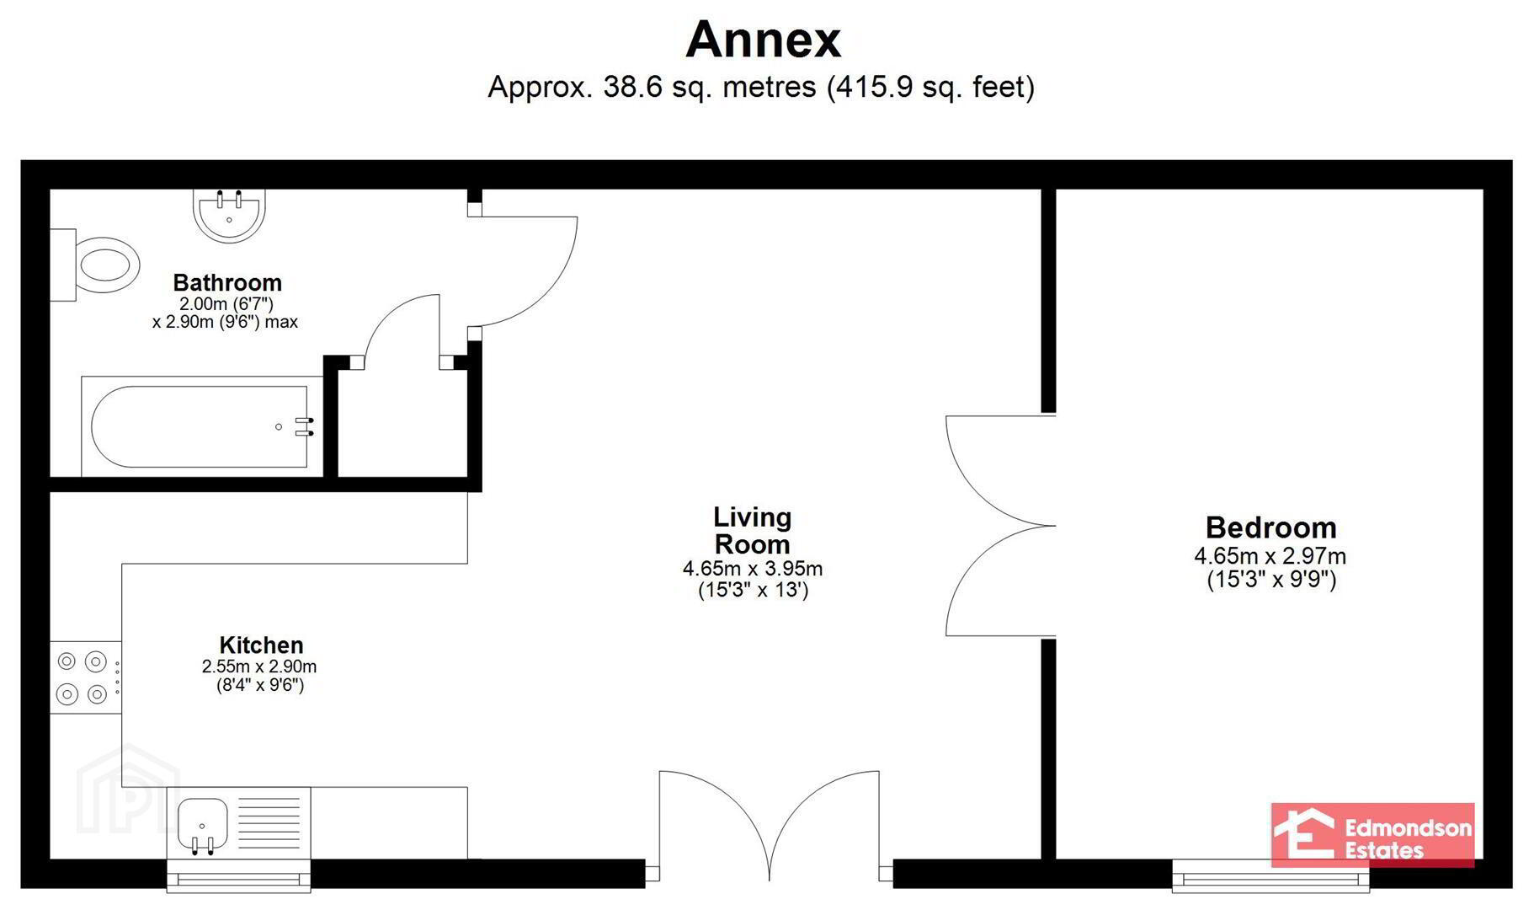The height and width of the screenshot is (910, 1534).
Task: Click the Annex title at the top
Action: point(763,40)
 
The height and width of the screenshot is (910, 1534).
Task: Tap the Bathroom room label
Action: point(227,282)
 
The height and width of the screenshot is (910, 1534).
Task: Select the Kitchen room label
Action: point(261,645)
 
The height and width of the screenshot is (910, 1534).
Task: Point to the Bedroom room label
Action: point(1270,528)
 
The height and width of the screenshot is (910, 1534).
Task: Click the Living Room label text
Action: point(752,530)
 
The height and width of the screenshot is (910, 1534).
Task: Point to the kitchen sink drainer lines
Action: point(269,822)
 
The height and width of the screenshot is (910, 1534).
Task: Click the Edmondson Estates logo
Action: point(1372,835)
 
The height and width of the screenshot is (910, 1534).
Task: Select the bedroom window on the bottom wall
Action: point(1270,878)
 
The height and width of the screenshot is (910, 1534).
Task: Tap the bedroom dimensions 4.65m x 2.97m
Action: point(1270,556)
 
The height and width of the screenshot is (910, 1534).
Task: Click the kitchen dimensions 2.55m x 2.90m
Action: point(259,666)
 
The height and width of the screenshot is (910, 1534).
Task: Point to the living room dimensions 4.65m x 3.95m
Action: point(753,569)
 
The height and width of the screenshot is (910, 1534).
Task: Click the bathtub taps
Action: point(304,426)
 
